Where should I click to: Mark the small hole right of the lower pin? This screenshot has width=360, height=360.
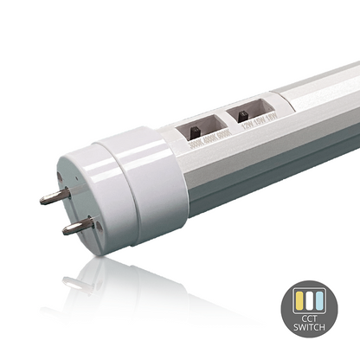(x=87, y=227)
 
